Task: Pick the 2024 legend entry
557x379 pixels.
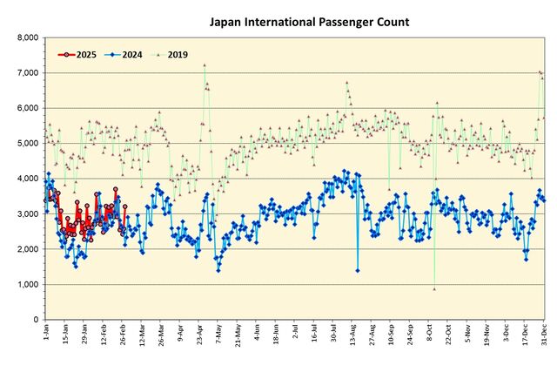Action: click(x=136, y=54)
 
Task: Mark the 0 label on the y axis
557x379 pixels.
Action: click(x=36, y=320)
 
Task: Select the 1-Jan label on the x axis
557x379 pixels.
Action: click(x=46, y=335)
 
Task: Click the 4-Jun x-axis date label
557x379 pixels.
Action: click(x=257, y=335)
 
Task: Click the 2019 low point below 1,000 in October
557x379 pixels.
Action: click(x=434, y=288)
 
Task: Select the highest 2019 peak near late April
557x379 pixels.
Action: click(x=205, y=64)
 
